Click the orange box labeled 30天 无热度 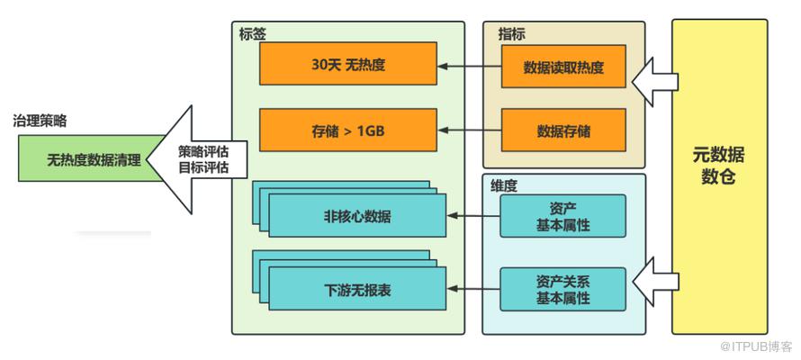346,65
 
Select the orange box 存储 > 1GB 346,130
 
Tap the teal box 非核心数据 357,217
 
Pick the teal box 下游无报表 357,290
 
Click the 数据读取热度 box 563,66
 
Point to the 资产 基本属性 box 563,216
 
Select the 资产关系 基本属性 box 563,289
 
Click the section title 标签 252,33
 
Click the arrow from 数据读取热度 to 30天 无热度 469,66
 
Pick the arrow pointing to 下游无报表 473,289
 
